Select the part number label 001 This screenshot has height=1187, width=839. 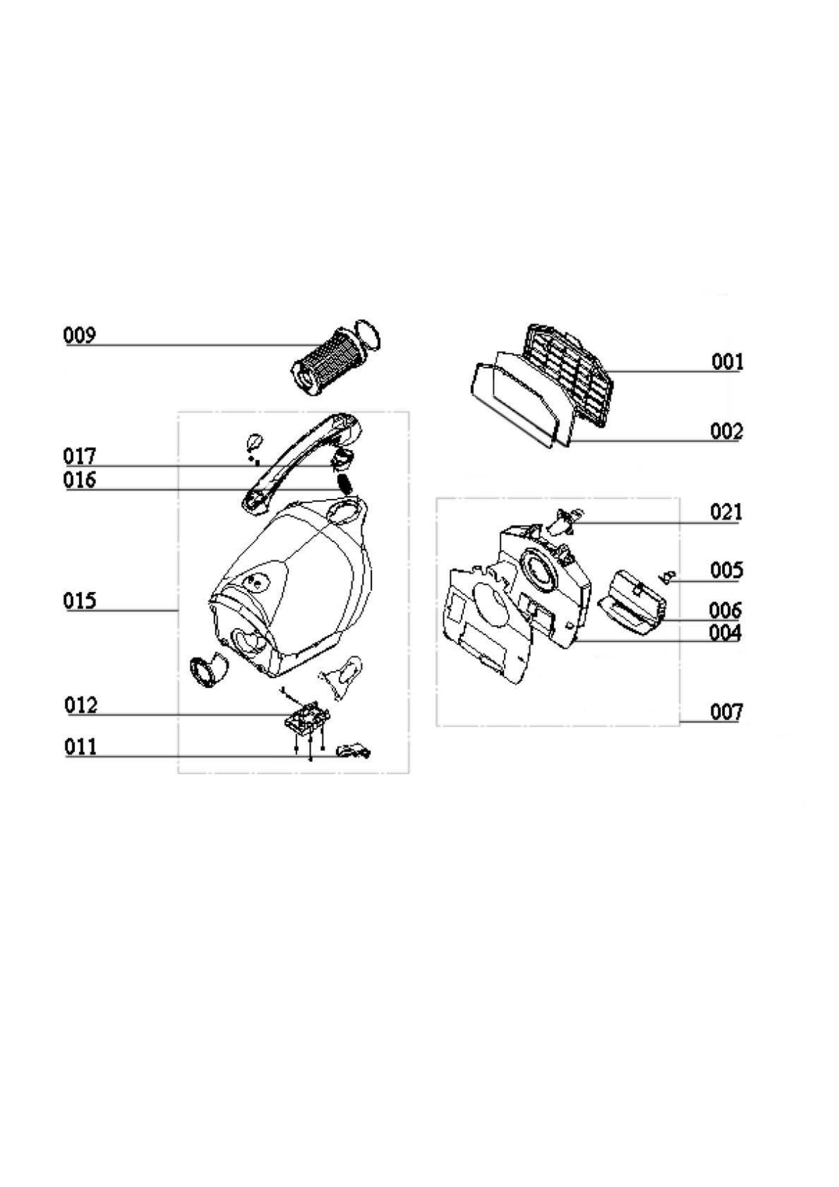tap(727, 362)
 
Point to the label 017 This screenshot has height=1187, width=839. tap(80, 456)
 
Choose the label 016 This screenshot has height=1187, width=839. tap(80, 480)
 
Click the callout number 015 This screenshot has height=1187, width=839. tap(80, 601)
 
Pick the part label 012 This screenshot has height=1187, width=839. tap(81, 705)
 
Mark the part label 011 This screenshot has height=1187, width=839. tap(81, 747)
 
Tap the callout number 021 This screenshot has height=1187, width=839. tap(726, 512)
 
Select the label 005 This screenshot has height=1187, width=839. tap(726, 570)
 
